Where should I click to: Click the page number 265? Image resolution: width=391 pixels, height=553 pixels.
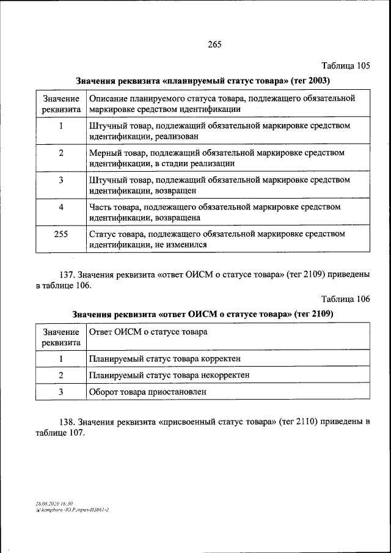pos(214,44)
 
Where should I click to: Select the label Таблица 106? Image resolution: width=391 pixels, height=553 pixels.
pos(346,299)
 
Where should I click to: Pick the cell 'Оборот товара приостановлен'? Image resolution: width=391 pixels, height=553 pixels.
pos(147,391)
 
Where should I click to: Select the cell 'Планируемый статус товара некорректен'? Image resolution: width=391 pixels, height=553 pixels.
pos(169,375)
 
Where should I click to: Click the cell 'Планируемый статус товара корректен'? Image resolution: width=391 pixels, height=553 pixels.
pos(164,358)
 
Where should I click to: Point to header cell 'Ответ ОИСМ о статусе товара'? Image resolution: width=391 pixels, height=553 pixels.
pos(148,332)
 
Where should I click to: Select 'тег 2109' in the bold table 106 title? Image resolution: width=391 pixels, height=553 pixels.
pos(312,314)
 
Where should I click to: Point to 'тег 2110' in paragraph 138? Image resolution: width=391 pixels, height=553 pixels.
pos(299,422)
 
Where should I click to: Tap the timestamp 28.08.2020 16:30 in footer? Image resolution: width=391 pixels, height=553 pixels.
pos(54,503)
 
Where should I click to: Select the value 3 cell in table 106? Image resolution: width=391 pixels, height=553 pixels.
pos(61,391)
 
